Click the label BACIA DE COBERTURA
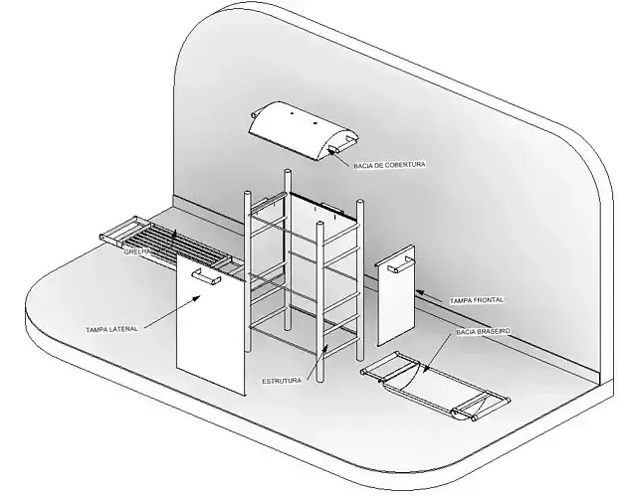click(x=389, y=165)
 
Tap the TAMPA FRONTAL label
click(x=477, y=300)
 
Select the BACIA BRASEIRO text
click(x=483, y=332)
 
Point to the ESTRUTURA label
click(x=282, y=381)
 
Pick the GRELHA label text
click(x=137, y=252)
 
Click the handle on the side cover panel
click(x=206, y=277)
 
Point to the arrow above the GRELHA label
click(x=173, y=239)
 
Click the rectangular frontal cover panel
click(x=396, y=295)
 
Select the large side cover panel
click(x=211, y=326)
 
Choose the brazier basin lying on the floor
click(x=436, y=386)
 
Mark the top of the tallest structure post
click(x=288, y=172)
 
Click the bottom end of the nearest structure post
click(x=319, y=380)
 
